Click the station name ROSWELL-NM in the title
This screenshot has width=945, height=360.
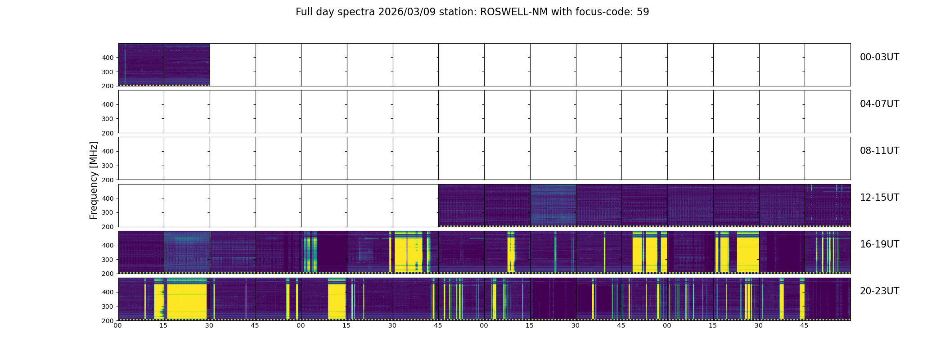(x=514, y=12)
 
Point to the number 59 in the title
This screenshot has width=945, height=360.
(x=643, y=12)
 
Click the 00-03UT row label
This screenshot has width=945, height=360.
(x=879, y=57)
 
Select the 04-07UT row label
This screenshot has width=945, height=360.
(x=879, y=104)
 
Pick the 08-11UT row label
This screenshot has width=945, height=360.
(x=879, y=151)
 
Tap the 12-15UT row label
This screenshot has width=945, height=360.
(x=879, y=198)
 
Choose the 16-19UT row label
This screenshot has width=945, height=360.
(x=879, y=244)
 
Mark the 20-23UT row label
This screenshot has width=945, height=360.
(x=879, y=291)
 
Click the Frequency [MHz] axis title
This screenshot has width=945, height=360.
(x=94, y=180)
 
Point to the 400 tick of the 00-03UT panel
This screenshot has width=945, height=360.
(x=108, y=58)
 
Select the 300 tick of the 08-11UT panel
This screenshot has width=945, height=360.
(x=108, y=166)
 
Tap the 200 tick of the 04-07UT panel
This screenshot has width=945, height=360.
(x=108, y=133)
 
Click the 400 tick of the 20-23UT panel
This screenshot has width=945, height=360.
(x=108, y=292)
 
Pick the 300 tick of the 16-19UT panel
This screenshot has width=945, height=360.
(x=108, y=260)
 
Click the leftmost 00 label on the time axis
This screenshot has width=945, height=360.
(x=117, y=326)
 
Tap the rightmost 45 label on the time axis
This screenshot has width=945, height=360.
(x=804, y=326)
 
